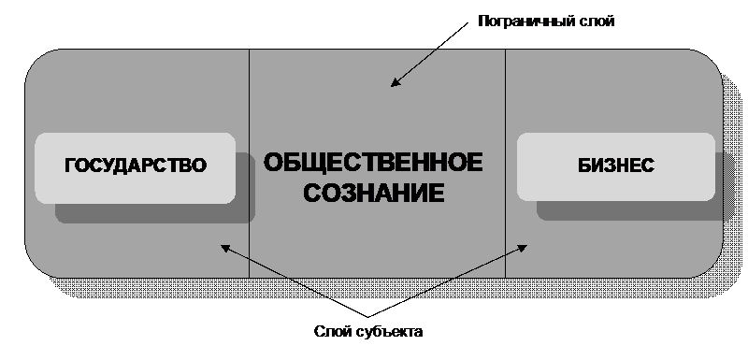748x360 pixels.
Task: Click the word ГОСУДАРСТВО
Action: [x=136, y=166]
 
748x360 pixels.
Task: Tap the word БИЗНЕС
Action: [x=616, y=166]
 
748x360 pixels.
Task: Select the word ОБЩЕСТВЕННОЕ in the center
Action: [x=373, y=162]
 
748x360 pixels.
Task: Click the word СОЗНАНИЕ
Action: [x=374, y=193]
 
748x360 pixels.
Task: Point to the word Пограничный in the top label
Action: [x=525, y=22]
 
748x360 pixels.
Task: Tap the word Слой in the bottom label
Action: [x=333, y=331]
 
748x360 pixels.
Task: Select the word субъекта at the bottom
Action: [x=389, y=331]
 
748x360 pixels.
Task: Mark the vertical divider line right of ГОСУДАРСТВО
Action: [x=249, y=163]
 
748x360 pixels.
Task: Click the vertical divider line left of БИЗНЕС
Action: [x=505, y=163]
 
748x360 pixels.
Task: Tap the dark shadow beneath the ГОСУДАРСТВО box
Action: [x=155, y=213]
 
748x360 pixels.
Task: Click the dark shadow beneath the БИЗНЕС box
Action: [x=629, y=210]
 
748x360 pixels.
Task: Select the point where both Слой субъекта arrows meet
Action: [x=367, y=317]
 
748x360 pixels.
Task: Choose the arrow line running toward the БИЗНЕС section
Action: [x=448, y=281]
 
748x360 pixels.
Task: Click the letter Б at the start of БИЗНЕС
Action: [x=584, y=166]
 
